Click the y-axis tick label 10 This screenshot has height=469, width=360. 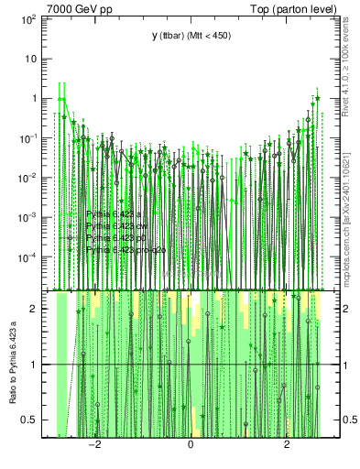28,58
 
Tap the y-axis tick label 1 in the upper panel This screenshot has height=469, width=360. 33,98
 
